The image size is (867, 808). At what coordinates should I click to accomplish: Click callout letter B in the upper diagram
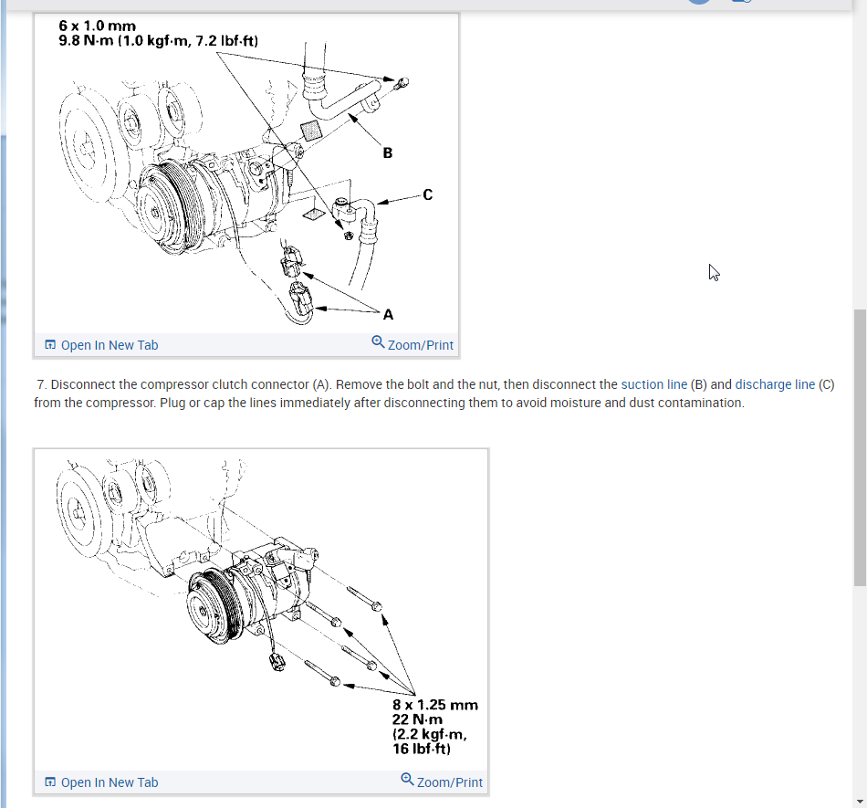tap(388, 153)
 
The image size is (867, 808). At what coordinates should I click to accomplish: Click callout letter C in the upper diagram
tap(428, 194)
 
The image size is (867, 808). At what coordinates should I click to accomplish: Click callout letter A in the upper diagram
tap(389, 315)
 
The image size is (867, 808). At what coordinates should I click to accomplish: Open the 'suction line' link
tap(653, 384)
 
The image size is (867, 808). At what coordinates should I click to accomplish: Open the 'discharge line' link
tap(775, 384)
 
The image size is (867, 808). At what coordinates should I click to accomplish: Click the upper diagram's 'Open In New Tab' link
tap(101, 345)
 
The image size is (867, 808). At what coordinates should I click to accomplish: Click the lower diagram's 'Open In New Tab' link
tap(101, 782)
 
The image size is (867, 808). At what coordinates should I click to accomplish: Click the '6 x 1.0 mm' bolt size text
tap(97, 26)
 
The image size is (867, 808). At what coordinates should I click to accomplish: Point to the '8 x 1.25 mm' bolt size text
tap(435, 705)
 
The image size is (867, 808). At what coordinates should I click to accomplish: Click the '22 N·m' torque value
tap(418, 719)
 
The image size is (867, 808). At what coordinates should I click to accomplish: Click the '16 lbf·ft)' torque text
tap(422, 749)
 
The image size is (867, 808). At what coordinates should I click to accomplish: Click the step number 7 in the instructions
tap(41, 384)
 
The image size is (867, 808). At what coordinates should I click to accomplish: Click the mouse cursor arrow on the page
tap(714, 272)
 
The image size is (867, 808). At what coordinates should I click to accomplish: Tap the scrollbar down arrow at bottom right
tap(860, 801)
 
